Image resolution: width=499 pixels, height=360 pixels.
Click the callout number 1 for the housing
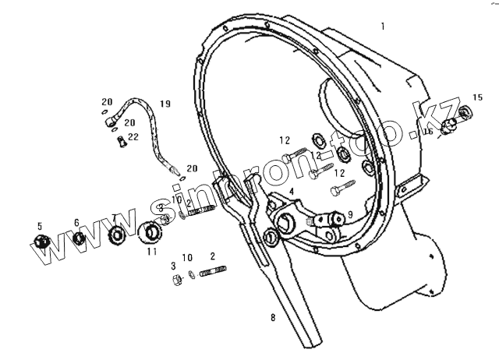point(383,26)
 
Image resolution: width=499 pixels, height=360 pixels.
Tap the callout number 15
point(477,97)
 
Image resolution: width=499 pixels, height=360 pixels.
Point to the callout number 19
point(165,104)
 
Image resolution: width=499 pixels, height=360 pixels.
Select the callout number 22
point(133,136)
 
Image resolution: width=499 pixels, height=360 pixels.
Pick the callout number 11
point(152,252)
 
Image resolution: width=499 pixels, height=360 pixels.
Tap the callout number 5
point(39,226)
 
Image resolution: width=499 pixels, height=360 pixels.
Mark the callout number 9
point(350,214)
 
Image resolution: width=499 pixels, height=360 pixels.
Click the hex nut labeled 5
point(44,242)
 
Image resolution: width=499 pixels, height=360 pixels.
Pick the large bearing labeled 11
point(150,232)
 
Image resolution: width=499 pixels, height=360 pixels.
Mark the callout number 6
point(76,223)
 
